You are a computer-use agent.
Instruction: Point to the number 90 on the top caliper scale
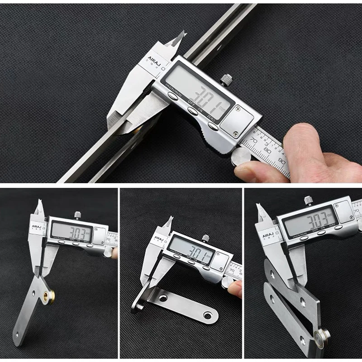tap(281, 159)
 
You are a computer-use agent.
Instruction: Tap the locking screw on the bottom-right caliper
tap(308, 199)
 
